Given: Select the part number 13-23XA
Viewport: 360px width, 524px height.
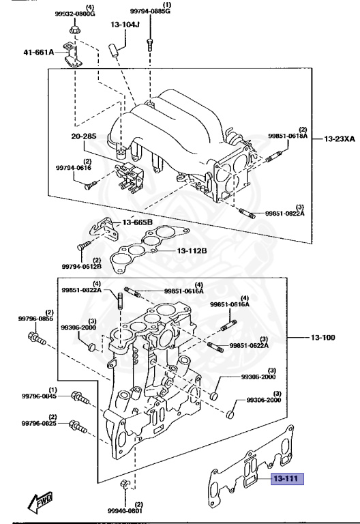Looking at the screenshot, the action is click(x=340, y=139).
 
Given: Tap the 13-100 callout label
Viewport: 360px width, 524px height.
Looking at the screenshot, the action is click(x=322, y=338).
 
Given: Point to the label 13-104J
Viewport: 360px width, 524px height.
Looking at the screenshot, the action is click(x=125, y=25).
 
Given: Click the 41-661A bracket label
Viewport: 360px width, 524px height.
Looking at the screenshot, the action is click(x=39, y=52).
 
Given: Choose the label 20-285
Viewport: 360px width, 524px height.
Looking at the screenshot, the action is click(x=83, y=136).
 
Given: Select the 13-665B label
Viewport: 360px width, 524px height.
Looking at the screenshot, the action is click(x=137, y=222).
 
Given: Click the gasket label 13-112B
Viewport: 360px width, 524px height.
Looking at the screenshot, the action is click(x=192, y=250).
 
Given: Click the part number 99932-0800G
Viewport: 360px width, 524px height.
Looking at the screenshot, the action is click(x=75, y=14).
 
